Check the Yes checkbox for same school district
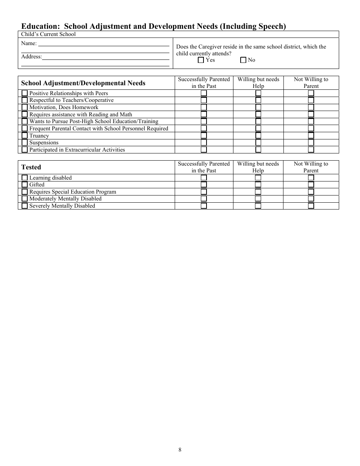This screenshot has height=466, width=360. (x=201, y=60)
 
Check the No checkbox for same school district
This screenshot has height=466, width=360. (x=243, y=60)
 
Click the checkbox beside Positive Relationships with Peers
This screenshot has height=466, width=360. (x=25, y=93)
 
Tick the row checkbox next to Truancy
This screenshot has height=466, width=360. (x=25, y=136)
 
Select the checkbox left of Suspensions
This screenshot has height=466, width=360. (x=25, y=142)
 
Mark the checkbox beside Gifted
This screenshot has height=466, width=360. (x=25, y=185)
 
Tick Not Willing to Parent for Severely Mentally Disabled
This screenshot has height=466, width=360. (x=311, y=206)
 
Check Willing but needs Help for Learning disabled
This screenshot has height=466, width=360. (x=258, y=178)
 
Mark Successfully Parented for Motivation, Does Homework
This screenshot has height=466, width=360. (x=204, y=107)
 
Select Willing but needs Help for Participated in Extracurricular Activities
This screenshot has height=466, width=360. (x=258, y=150)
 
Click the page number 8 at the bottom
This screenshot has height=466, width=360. (x=180, y=450)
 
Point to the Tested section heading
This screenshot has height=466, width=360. (x=31, y=167)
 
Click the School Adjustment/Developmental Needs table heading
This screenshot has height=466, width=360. (x=83, y=83)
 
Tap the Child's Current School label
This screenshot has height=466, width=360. (x=48, y=34)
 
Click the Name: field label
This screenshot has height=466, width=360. (x=29, y=44)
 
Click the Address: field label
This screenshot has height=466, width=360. (x=31, y=57)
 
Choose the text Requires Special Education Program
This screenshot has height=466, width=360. (x=73, y=192)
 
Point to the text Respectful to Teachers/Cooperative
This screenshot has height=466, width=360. (x=71, y=100)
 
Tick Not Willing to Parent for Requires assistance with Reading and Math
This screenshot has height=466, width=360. (x=311, y=114)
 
